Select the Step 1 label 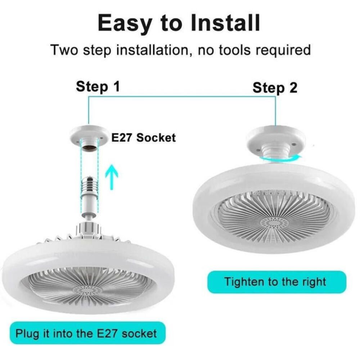tap(98, 87)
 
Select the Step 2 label tap(275, 87)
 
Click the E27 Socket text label tap(143, 138)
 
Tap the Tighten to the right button tap(276, 282)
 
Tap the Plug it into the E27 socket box tap(86, 333)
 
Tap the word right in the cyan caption tap(312, 282)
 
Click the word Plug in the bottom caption tap(27, 333)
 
